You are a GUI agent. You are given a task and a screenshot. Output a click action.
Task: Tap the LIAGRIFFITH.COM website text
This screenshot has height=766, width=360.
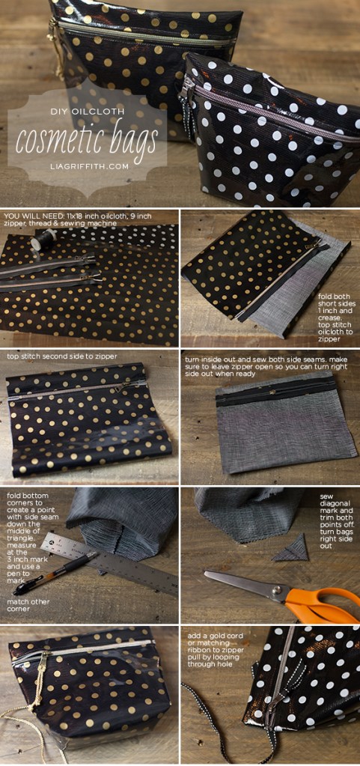pyautogui.click(x=87, y=166)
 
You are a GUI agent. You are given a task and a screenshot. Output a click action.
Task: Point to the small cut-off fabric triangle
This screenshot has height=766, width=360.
pyautogui.click(x=286, y=552)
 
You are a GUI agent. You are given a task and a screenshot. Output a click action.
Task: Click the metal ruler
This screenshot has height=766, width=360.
pyautogui.click(x=112, y=562)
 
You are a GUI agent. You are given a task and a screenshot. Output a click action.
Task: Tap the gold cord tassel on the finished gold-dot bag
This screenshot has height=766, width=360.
pyautogui.click(x=34, y=689)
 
